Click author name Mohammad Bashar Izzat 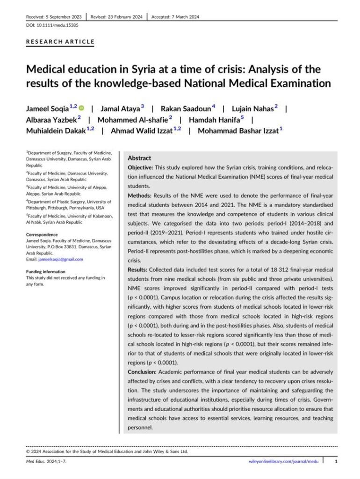[238, 131]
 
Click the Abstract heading [139, 159]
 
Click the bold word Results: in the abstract [139, 270]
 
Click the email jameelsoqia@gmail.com [55, 259]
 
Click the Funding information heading [46, 272]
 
